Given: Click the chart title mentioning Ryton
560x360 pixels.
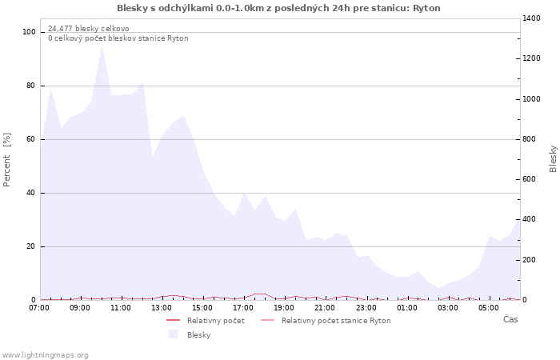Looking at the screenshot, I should coord(278,8).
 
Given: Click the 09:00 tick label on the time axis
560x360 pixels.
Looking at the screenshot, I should coord(80,307).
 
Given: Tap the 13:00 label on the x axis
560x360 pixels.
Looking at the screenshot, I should coord(162,307).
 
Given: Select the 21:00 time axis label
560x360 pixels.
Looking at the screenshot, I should coord(325,307).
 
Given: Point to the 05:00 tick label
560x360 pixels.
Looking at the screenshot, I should coord(488,307).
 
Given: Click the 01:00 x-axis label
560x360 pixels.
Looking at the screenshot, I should coord(406,307).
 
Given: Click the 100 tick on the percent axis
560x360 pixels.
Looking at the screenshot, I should coord(29,32).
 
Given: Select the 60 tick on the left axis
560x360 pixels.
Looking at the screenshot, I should coord(31,139).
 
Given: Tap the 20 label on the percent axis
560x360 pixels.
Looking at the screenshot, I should coord(31,246).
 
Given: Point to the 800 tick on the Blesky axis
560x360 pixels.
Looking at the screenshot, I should coord(531,139).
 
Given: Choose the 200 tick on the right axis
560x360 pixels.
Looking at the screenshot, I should coord(531,260).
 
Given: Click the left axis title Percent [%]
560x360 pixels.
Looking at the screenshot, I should coord(7,159).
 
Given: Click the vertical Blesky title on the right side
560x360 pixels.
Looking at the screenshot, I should coord(553,158).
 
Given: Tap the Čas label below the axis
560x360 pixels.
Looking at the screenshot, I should coord(510,319).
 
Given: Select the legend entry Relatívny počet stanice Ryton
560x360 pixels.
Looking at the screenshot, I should coord(336,321).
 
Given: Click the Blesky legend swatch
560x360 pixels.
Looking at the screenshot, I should coord(173,334).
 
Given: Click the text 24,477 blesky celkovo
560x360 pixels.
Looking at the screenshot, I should coord(88,29).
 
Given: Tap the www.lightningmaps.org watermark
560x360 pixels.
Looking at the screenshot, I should coord(45,355).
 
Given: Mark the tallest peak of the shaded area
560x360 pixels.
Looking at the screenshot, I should coord(102,46).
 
